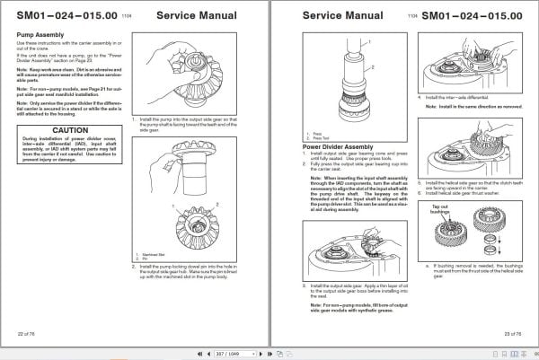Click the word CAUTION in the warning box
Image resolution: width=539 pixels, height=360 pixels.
click(68, 130)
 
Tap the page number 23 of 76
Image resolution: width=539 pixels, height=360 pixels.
click(509, 333)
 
